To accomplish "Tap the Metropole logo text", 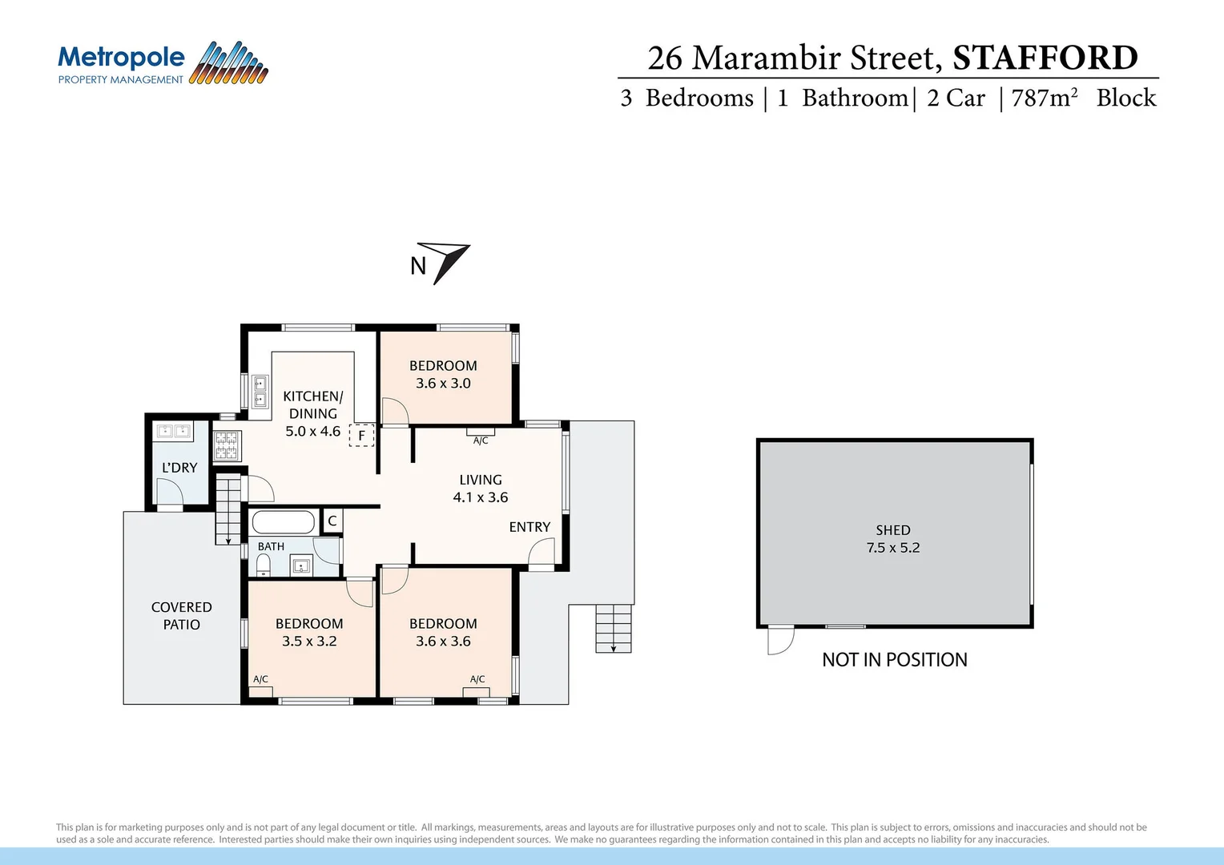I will point(121,58).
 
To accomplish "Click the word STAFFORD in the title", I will point(1045,58).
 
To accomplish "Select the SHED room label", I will point(892,530).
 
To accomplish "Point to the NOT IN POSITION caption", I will point(894,660).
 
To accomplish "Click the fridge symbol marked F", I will point(362,435).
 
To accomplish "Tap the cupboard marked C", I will point(332,521).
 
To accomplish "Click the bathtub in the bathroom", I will point(283,523).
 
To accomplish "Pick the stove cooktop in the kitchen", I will point(227,445).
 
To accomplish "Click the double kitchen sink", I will point(260,391).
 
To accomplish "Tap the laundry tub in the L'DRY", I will point(174,431).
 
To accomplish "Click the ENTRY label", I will point(529,527).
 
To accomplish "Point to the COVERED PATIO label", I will point(182,616).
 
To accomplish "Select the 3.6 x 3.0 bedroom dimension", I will point(443,384).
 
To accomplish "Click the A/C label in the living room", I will point(481,441).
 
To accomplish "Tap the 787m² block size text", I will point(1045,98).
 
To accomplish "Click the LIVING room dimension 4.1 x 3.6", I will point(480,497).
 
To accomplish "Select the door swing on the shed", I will point(780,640).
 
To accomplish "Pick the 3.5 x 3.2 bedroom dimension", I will point(309,642).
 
